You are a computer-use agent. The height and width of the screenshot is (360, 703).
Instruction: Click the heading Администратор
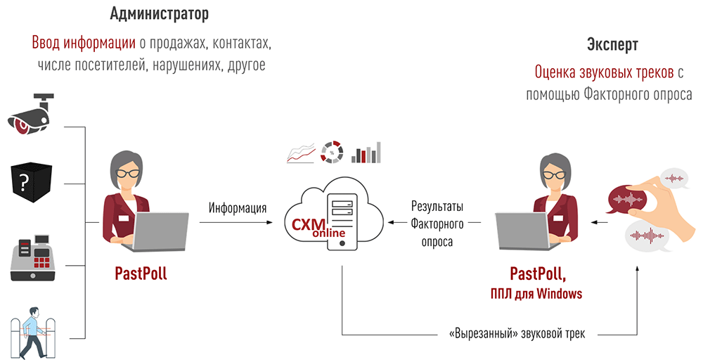pos(160,13)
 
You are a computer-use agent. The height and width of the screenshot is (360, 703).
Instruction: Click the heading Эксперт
pos(612,45)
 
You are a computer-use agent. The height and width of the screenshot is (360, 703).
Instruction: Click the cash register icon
pos(32,259)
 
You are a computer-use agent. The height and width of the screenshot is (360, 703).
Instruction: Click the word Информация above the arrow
pos(237,208)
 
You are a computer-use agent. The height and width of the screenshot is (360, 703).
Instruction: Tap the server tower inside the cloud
pos(342,219)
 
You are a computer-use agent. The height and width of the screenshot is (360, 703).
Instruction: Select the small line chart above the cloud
pos(300,152)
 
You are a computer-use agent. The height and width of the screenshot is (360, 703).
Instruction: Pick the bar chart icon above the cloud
pos(366,152)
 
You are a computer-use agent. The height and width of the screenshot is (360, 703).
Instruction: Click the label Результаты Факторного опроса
pos(437,224)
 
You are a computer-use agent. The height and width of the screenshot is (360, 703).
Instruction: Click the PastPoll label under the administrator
pos(141,274)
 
